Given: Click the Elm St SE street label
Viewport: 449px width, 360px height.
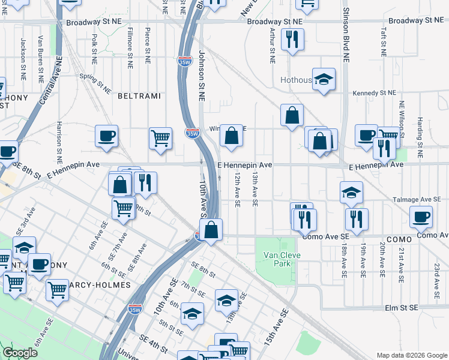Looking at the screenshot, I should (x=401, y=308).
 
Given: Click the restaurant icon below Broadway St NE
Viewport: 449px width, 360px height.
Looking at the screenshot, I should (x=292, y=40).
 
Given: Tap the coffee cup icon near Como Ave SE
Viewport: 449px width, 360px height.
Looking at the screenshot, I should (x=420, y=217).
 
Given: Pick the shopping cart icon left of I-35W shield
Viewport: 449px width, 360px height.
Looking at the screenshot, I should (x=160, y=138).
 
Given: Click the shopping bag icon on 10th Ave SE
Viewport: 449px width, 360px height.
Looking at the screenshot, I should (x=211, y=229).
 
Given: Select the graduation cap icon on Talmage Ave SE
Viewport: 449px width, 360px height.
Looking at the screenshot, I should (x=351, y=192).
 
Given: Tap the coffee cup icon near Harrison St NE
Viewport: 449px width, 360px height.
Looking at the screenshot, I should (x=106, y=136).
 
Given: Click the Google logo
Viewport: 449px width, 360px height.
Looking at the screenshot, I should (x=20, y=353).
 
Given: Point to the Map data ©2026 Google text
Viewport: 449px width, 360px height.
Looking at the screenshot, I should (x=411, y=355).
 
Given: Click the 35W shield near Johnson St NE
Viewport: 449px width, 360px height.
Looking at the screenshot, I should (x=192, y=133).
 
